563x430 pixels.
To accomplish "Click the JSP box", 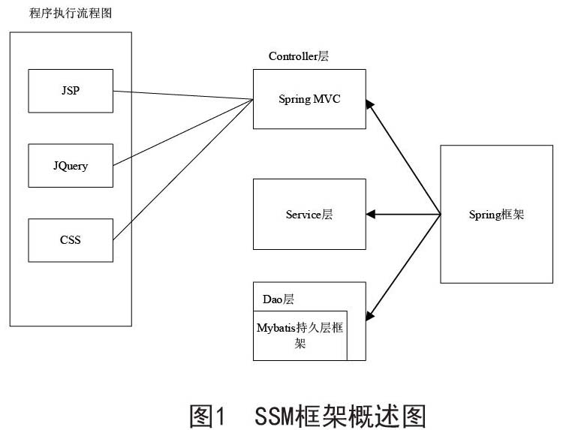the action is click(71, 91).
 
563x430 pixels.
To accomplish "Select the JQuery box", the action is click(71, 165).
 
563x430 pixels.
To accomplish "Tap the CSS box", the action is click(71, 240).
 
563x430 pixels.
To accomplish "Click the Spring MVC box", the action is click(309, 99).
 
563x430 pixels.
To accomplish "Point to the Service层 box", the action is click(309, 215).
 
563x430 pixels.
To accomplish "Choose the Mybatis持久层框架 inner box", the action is click(300, 335).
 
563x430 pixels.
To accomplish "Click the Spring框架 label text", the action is click(497, 215).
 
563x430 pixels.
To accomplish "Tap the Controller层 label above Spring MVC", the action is click(299, 56).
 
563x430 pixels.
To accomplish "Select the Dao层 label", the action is click(278, 299).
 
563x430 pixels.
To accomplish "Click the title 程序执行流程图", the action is click(71, 14).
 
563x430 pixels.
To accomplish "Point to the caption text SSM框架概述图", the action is click(340, 416).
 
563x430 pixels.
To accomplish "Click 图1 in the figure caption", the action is click(207, 416).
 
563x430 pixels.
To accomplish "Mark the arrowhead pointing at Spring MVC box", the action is click(370, 104).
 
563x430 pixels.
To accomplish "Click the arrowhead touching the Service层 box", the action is click(371, 215).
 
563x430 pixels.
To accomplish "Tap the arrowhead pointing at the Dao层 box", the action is click(370, 316).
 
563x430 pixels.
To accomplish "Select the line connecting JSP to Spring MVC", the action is click(183, 95).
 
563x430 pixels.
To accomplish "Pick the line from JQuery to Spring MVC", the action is click(183, 132).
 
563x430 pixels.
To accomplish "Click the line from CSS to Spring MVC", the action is click(183, 170).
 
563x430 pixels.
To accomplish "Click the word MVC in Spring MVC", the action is click(327, 99).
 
